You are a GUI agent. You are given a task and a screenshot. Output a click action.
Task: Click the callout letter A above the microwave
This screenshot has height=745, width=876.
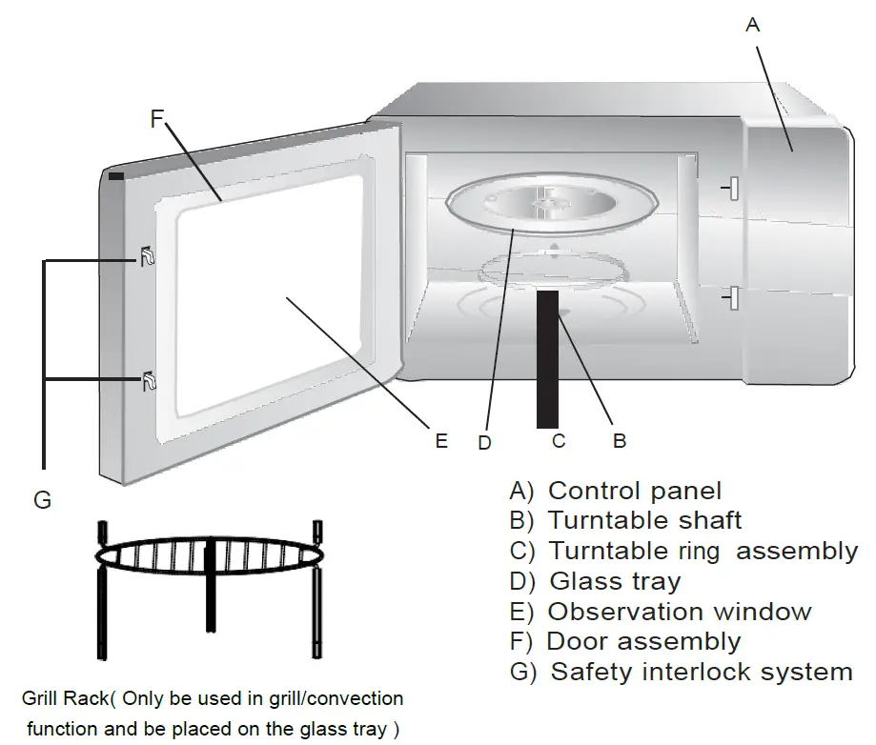(x=752, y=25)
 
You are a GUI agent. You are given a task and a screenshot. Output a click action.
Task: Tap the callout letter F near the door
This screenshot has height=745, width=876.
(x=157, y=119)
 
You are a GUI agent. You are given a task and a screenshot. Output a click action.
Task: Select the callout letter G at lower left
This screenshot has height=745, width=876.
(x=42, y=499)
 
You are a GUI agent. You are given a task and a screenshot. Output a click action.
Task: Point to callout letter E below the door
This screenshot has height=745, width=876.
(x=440, y=440)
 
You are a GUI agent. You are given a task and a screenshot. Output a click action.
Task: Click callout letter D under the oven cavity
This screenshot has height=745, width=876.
(x=485, y=441)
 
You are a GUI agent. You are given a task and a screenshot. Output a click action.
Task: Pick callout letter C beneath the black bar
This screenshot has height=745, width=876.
(x=559, y=440)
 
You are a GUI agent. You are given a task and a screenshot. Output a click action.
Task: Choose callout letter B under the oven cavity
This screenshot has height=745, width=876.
(x=619, y=440)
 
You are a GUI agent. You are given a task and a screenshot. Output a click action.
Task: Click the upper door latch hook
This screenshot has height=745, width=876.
(x=148, y=255)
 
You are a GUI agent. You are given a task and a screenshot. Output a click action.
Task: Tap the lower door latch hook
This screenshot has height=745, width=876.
(x=148, y=381)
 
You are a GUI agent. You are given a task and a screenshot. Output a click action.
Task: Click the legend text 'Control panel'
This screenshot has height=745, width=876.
(x=635, y=492)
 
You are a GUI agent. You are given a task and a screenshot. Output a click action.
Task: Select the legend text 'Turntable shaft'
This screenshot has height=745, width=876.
(x=644, y=521)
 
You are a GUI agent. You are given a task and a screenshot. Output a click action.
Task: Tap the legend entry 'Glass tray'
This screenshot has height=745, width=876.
(x=615, y=581)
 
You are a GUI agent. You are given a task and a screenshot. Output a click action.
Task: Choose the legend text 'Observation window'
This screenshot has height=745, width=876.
(x=680, y=612)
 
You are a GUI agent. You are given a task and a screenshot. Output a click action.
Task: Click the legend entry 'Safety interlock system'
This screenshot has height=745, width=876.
(x=702, y=672)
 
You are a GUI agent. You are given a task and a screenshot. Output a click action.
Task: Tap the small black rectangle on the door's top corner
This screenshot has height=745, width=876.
(x=116, y=175)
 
